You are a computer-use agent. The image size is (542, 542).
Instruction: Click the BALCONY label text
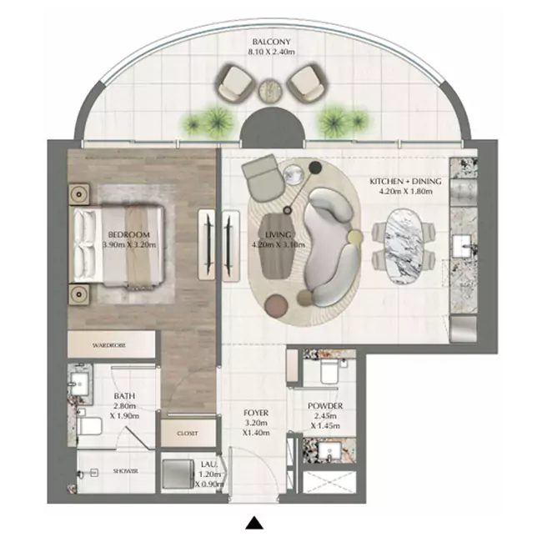(x=271, y=40)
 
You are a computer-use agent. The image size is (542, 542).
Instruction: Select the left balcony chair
(x=236, y=83)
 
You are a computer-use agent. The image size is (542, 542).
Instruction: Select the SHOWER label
(x=125, y=472)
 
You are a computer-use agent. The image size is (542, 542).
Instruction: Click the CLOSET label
(x=187, y=434)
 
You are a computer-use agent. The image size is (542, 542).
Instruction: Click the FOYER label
(x=254, y=411)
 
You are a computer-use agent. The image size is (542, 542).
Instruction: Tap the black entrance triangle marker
(x=254, y=524)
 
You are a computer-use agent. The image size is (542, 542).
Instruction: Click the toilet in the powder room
(x=326, y=367)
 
